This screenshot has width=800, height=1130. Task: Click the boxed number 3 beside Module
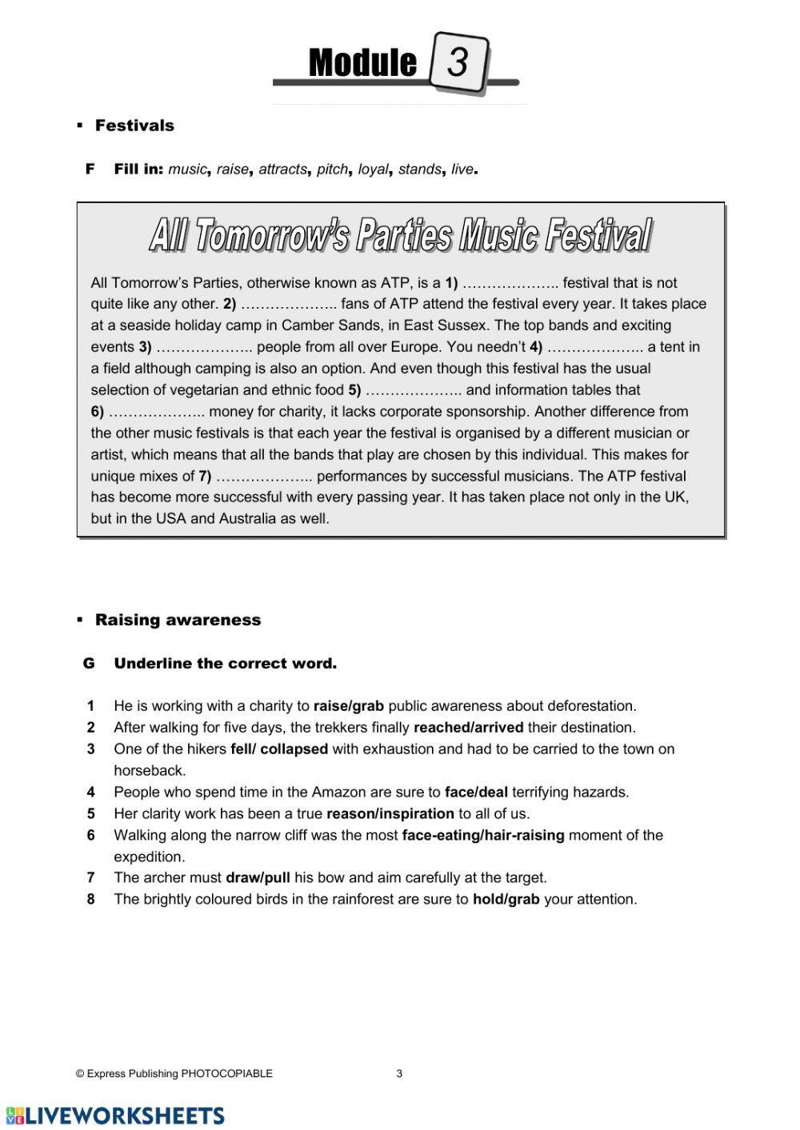(458, 62)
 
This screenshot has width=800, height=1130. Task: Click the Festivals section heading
(134, 126)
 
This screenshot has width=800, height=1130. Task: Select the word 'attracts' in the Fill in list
(282, 170)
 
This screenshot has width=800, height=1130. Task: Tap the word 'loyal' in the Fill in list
(373, 170)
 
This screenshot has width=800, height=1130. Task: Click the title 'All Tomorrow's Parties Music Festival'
(400, 236)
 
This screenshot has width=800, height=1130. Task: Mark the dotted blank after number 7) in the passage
(265, 477)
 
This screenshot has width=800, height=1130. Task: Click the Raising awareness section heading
(178, 620)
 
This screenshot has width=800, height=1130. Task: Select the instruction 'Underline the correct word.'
(225, 664)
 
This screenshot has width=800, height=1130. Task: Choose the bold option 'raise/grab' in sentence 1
(349, 706)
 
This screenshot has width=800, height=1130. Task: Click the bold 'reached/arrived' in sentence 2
(468, 728)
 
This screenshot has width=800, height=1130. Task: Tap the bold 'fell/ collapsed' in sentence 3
(279, 749)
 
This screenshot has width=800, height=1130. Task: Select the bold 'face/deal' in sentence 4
(476, 793)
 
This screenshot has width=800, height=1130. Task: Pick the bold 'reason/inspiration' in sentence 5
(390, 814)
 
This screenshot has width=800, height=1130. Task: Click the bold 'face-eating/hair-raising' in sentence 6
(483, 836)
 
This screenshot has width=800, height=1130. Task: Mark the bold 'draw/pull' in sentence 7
(258, 878)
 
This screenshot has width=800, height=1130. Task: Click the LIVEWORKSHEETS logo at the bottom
(115, 1116)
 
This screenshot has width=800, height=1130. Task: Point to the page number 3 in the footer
(399, 1074)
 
